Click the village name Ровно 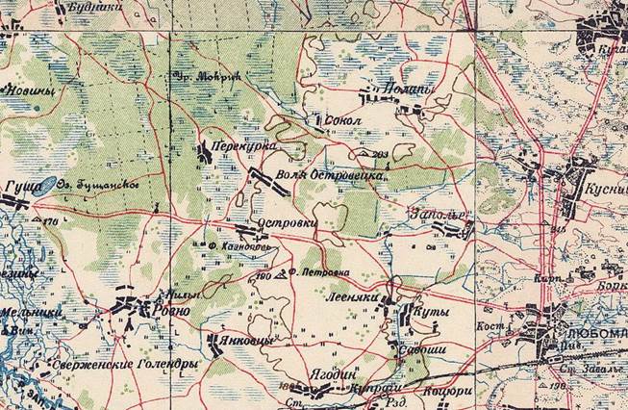point(168,312)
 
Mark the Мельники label point(32,313)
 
